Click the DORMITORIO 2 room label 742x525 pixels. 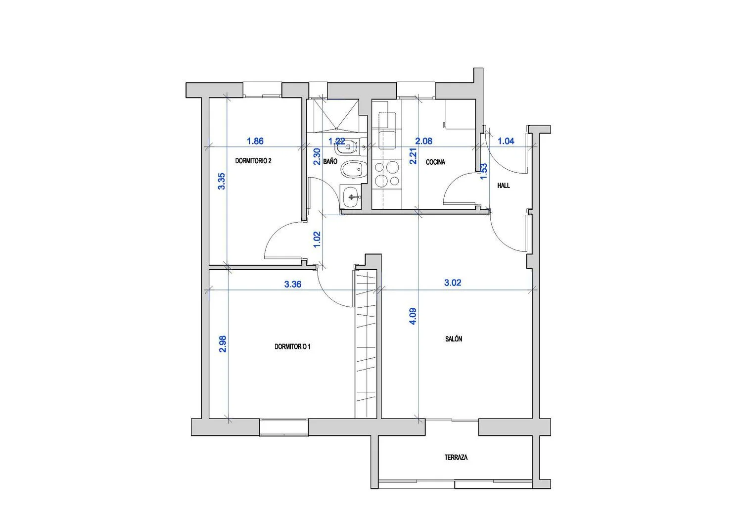click(x=253, y=161)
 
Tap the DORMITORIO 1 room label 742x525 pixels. click(x=292, y=347)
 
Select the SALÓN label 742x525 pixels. click(x=454, y=339)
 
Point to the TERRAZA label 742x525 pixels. click(x=456, y=457)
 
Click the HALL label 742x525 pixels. click(x=504, y=186)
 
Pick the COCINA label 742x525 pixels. click(x=435, y=162)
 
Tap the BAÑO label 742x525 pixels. click(x=330, y=161)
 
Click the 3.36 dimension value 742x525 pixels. click(x=293, y=285)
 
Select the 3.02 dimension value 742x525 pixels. click(x=453, y=283)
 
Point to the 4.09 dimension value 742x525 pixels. click(x=413, y=316)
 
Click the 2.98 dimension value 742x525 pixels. click(x=223, y=344)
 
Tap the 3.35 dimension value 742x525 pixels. click(x=222, y=181)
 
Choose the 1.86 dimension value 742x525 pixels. click(x=255, y=141)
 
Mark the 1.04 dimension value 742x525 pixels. click(x=506, y=141)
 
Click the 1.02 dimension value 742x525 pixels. click(x=317, y=239)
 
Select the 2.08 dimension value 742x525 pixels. click(x=423, y=141)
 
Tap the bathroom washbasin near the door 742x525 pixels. click(x=350, y=197)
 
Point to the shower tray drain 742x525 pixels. click(x=336, y=129)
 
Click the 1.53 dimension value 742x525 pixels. click(x=484, y=171)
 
